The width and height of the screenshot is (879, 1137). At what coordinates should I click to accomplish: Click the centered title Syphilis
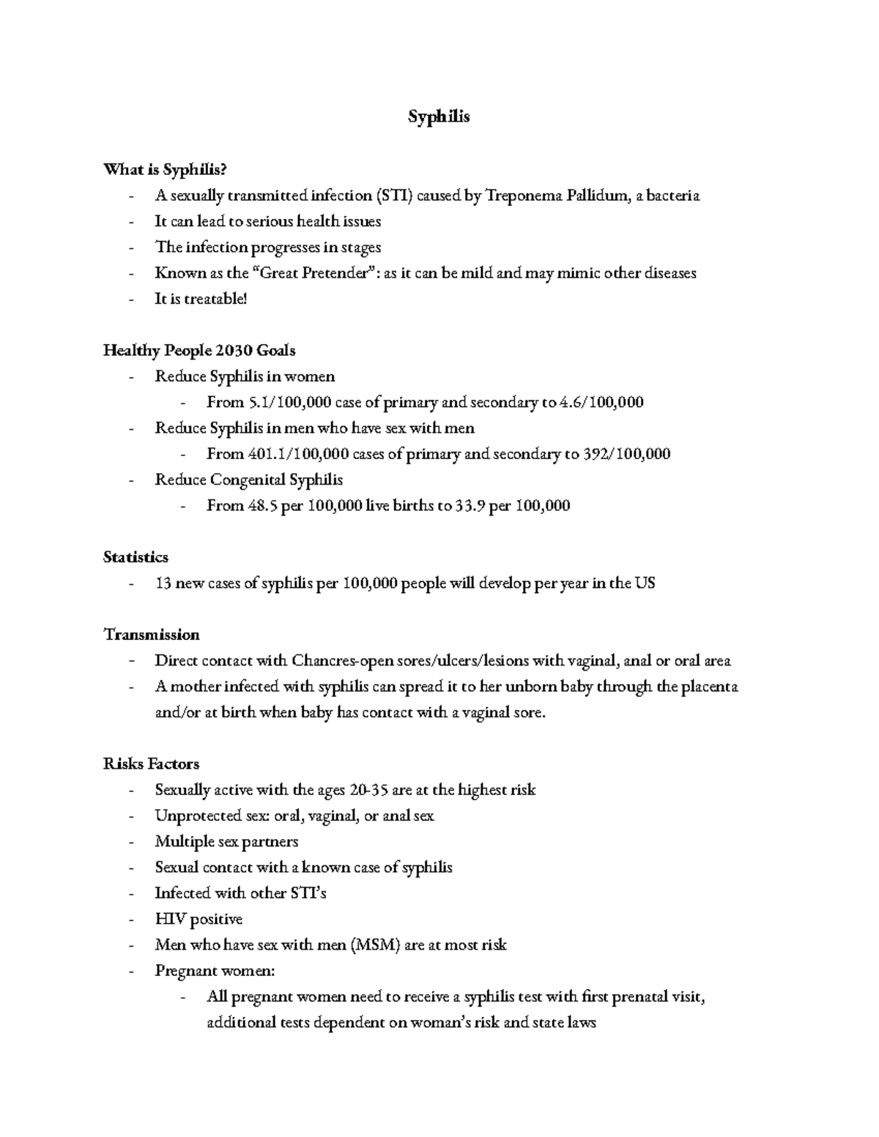click(x=438, y=116)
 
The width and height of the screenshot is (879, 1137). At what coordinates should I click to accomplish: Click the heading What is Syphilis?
click(x=166, y=170)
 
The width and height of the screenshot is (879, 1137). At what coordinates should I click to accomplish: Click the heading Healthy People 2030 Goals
click(x=199, y=351)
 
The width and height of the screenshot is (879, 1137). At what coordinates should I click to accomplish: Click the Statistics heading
click(x=136, y=557)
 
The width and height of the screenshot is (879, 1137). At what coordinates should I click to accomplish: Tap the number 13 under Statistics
click(x=163, y=584)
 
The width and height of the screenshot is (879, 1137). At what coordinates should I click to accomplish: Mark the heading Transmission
click(x=152, y=634)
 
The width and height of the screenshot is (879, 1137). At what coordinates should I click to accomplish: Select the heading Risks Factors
click(x=152, y=764)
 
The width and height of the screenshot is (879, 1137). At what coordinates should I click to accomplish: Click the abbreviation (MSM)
click(x=376, y=945)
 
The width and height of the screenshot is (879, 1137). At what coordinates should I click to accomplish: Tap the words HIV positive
click(x=199, y=919)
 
